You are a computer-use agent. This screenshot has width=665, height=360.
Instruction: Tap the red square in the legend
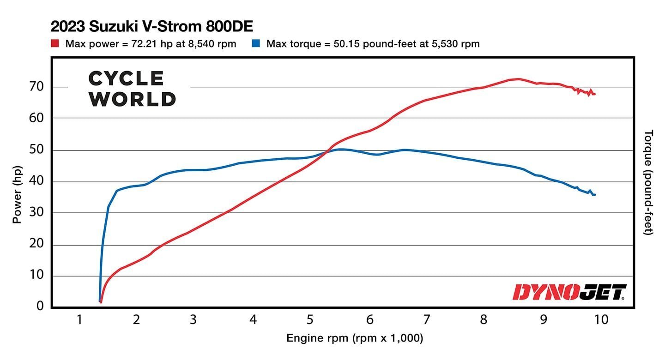[55, 44]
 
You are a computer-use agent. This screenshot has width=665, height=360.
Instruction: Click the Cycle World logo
[132, 89]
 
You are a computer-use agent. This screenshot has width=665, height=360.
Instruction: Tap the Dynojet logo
[569, 292]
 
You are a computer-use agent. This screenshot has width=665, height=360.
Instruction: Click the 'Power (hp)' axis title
[17, 189]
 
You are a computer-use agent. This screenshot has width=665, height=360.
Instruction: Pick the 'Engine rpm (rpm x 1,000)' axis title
[355, 338]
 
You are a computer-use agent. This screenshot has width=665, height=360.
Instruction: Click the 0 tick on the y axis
[40, 306]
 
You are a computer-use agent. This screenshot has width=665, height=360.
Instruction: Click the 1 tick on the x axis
[79, 319]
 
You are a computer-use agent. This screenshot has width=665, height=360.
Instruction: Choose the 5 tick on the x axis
[310, 319]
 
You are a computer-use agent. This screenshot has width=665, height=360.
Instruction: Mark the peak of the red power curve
[518, 79]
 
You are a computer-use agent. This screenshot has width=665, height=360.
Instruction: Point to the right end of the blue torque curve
[594, 195]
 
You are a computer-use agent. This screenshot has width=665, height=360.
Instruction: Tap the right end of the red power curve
[594, 94]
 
